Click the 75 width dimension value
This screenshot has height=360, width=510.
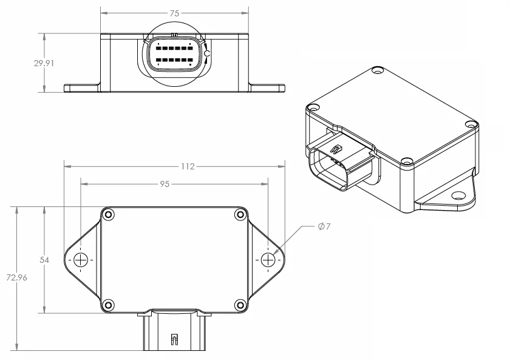(174, 13)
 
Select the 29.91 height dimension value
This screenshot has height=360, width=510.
(44, 63)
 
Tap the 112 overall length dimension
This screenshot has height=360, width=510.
(188, 166)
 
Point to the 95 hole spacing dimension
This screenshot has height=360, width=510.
(165, 184)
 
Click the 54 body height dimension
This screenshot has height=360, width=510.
(44, 260)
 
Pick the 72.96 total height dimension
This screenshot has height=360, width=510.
(16, 277)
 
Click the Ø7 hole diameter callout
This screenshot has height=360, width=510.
(324, 226)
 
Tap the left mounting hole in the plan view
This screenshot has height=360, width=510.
(80, 260)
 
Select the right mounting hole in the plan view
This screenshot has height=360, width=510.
(268, 260)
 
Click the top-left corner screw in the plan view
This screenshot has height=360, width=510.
(108, 214)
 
